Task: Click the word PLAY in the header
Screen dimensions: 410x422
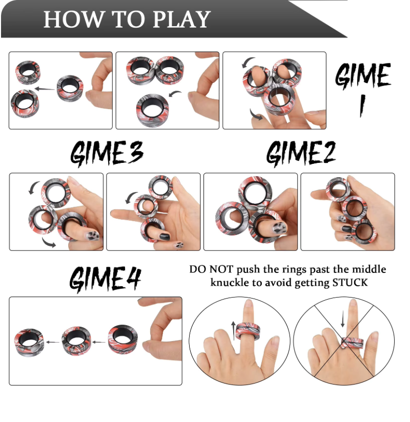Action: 182,19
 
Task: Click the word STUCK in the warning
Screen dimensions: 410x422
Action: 350,283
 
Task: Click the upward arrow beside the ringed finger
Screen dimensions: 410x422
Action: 234,330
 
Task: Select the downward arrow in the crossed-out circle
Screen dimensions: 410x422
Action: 343,319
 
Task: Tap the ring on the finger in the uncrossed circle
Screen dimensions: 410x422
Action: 248,331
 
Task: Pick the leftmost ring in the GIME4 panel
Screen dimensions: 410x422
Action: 29,342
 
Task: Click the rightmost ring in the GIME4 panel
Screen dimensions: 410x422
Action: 123,339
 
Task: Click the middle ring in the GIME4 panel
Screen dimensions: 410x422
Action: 76,341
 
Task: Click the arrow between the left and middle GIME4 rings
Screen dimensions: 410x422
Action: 53,342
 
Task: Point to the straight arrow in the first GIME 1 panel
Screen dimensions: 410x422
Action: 45,89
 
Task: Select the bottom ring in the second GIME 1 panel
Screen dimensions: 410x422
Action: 153,110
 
